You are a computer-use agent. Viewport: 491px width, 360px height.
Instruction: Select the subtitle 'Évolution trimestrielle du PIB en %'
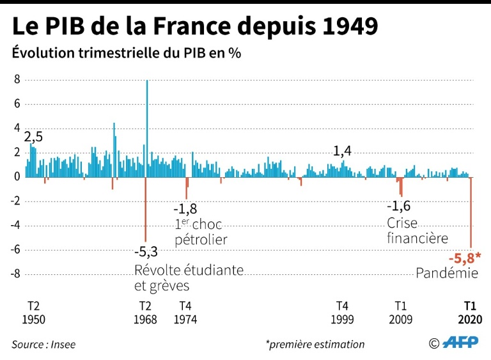point(126,53)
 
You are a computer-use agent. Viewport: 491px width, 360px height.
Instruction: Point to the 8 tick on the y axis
point(17,79)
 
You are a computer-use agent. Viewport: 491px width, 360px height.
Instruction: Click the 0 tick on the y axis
point(17,176)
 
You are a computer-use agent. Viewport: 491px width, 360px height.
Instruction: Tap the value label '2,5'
point(33,136)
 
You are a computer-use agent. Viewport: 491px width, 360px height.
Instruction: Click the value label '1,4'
point(343,151)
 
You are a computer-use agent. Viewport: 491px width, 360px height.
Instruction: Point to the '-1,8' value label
point(185,209)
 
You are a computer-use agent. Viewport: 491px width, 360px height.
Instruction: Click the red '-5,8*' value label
point(464,258)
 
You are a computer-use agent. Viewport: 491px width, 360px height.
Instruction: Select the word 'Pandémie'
point(448,273)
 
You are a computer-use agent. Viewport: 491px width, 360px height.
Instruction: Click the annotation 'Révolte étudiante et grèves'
point(189,277)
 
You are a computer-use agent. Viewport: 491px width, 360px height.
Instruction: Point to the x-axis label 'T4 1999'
point(343,312)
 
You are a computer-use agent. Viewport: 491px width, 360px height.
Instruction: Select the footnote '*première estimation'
point(315,344)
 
